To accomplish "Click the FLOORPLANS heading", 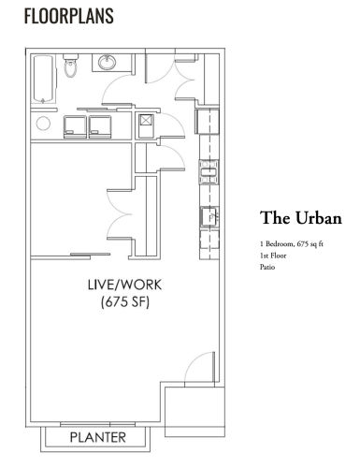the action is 69,16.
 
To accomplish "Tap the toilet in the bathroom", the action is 70,66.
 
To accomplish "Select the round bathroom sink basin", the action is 108,63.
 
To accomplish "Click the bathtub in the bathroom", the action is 44,80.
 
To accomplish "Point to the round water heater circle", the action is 43,124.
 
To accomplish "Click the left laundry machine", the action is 75,126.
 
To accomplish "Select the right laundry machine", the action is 100,126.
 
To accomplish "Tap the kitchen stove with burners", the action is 209,172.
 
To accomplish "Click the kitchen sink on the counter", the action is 209,216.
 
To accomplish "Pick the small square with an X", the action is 146,120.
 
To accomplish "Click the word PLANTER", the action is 98,437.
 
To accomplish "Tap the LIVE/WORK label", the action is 124,285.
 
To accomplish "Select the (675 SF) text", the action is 125,302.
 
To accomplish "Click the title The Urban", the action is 301,218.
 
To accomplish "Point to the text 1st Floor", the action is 273,256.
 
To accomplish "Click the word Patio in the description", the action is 267,267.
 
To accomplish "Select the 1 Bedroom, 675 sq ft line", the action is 292,243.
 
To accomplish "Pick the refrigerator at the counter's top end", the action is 208,121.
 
